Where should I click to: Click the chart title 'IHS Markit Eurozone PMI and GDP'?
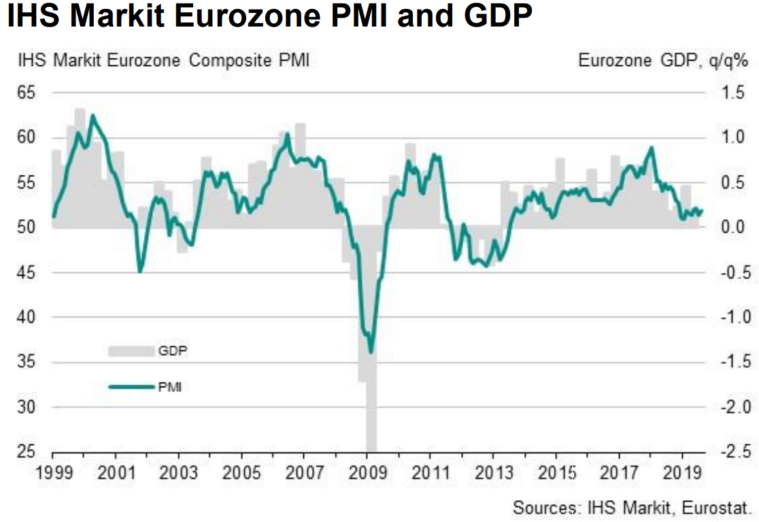pyautogui.click(x=269, y=18)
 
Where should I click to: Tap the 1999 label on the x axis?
pyautogui.click(x=53, y=472)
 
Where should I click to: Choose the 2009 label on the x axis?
pyautogui.click(x=367, y=472)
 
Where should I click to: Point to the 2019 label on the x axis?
pyautogui.click(x=681, y=472)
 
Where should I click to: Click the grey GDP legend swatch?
pyautogui.click(x=131, y=351)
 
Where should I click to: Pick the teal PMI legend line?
pyautogui.click(x=131, y=387)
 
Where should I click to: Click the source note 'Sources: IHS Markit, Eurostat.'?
pyautogui.click(x=631, y=507)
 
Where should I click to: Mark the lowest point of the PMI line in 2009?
pyautogui.click(x=371, y=352)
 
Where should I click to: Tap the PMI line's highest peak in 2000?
pyautogui.click(x=92, y=116)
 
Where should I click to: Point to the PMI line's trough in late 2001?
pyautogui.click(x=140, y=272)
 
